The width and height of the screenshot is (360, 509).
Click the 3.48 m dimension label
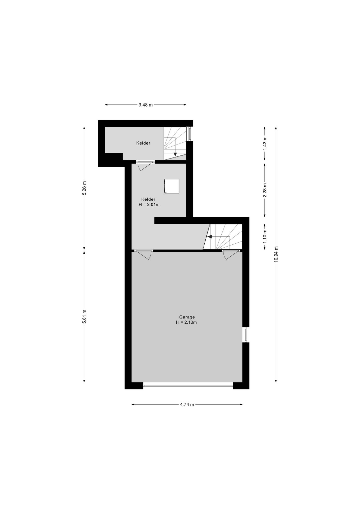click(x=146, y=105)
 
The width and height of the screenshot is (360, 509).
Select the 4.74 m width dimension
click(x=187, y=404)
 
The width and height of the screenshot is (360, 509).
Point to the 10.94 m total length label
click(x=276, y=254)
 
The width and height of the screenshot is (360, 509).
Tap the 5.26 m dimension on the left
click(x=84, y=188)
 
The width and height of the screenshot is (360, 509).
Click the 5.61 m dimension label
click(x=84, y=317)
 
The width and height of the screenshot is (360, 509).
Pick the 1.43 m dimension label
click(x=264, y=143)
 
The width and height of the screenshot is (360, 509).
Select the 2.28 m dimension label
click(x=264, y=190)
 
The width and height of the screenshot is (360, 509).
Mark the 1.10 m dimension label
click(x=264, y=236)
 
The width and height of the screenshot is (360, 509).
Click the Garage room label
click(x=187, y=317)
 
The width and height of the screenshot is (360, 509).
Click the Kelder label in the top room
click(x=143, y=143)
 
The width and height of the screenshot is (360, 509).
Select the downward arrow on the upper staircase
click(x=175, y=154)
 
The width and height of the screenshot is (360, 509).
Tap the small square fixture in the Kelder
click(x=172, y=186)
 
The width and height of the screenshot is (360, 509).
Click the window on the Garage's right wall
click(x=246, y=335)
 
